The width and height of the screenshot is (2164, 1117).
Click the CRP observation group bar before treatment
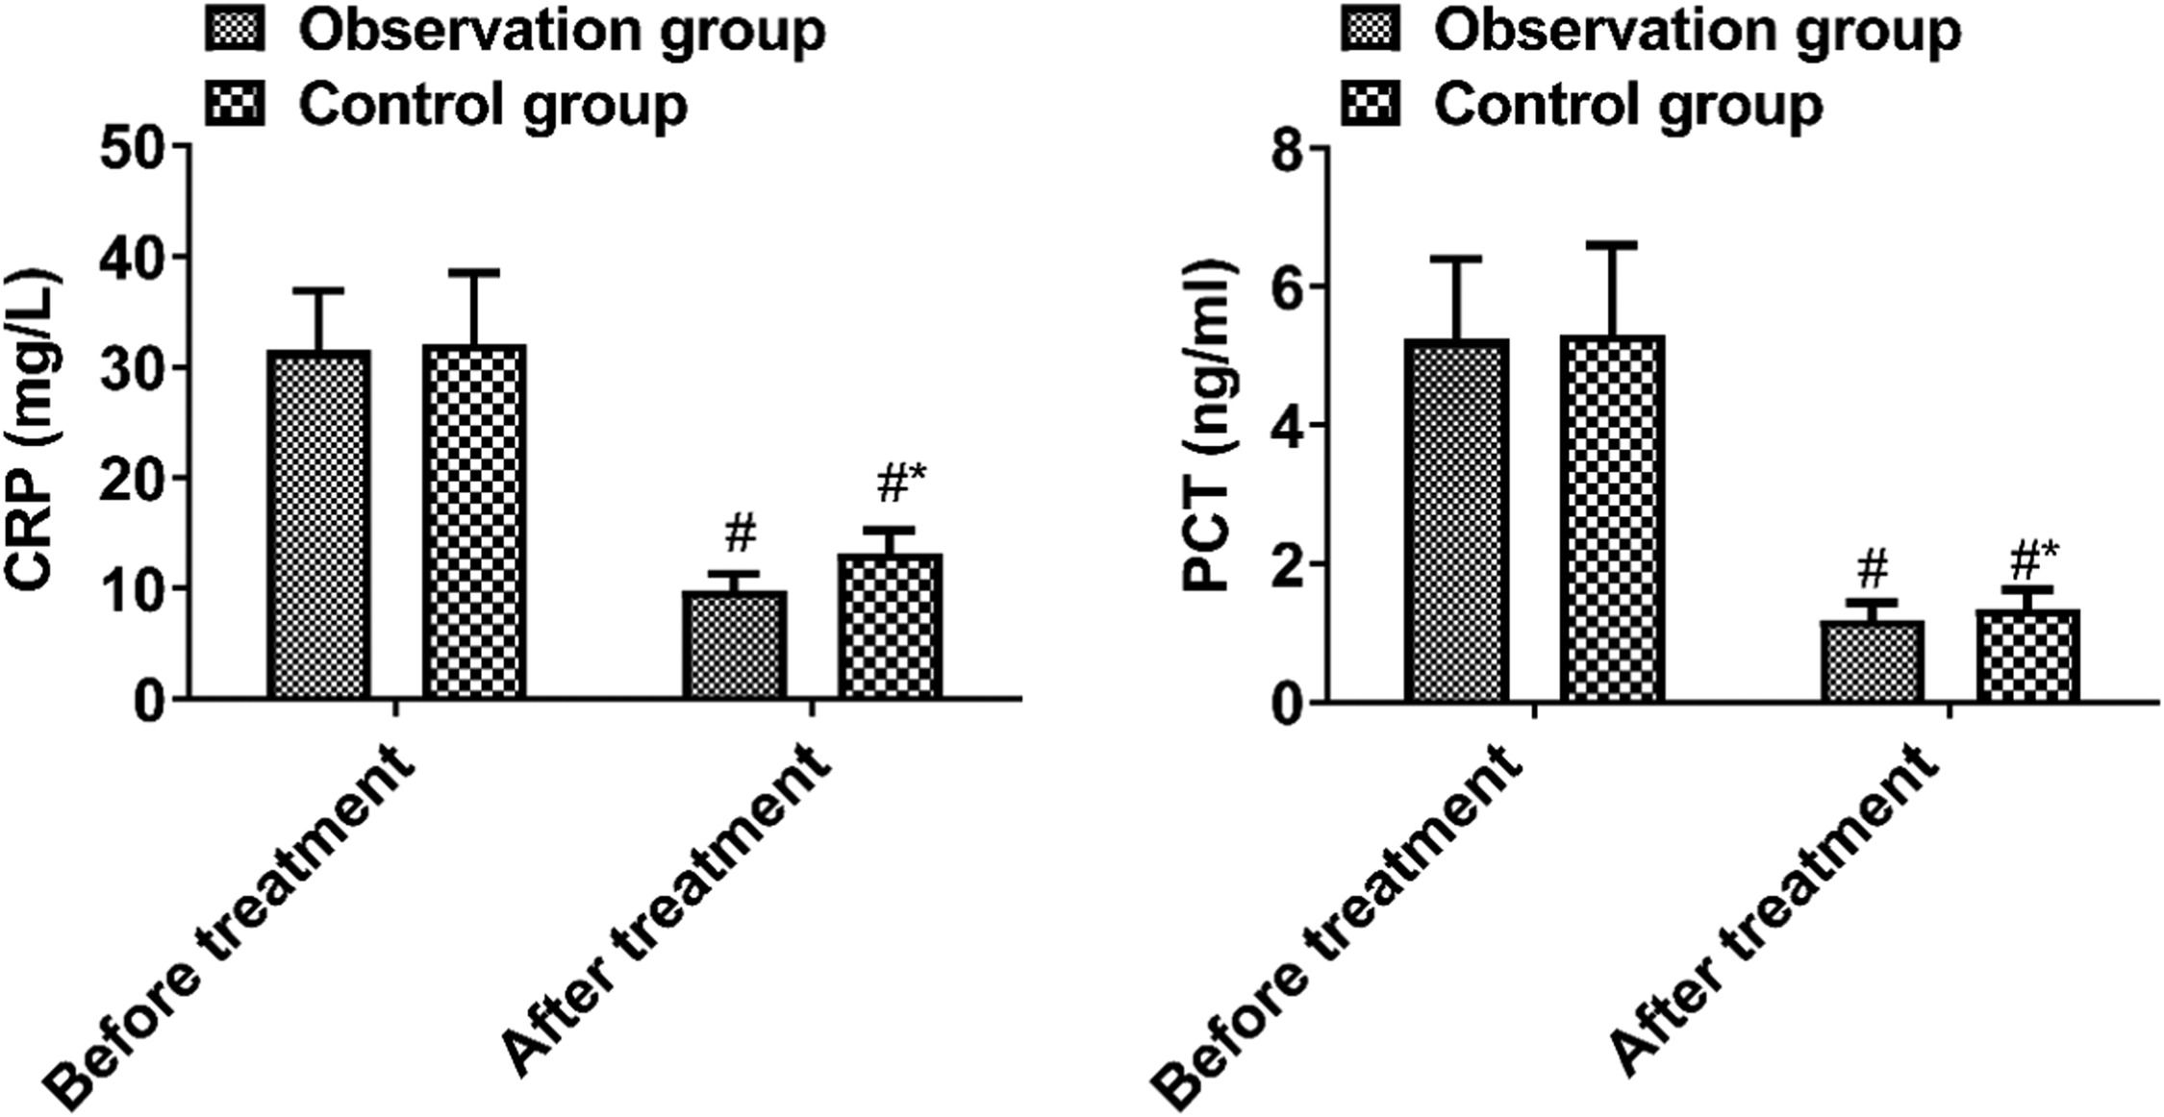click(319, 524)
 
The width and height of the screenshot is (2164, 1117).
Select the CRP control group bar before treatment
click(474, 521)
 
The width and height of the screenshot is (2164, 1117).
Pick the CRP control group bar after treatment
click(890, 626)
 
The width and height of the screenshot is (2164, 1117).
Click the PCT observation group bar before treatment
click(1456, 520)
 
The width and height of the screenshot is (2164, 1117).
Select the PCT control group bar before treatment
click(1612, 518)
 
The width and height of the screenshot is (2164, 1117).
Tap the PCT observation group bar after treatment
click(1872, 660)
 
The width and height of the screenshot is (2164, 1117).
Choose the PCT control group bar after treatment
click(2027, 655)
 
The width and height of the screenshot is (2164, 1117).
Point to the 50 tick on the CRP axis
click(134, 146)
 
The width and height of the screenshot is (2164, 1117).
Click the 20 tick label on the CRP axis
click(134, 479)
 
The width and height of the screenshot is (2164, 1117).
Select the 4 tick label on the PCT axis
click(1290, 425)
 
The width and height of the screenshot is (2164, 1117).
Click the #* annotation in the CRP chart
click(892, 484)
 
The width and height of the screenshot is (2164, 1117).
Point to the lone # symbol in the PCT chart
click(1872, 570)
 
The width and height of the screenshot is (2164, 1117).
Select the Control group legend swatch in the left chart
click(235, 103)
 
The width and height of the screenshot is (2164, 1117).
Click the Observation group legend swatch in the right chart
click(1370, 32)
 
